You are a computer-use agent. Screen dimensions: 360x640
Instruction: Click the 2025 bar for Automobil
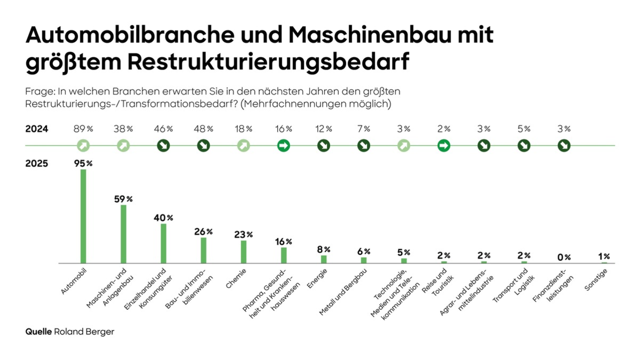pyautogui.click(x=83, y=216)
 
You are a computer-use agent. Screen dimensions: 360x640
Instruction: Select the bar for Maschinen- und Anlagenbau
pyautogui.click(x=123, y=234)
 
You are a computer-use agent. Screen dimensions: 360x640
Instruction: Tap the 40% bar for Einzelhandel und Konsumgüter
pyautogui.click(x=163, y=243)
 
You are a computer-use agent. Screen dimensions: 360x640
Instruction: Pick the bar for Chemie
pyautogui.click(x=244, y=251)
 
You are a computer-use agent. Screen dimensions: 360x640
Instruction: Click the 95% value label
pyautogui.click(x=83, y=164)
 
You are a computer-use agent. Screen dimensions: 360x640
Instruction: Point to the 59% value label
pyautogui.click(x=123, y=199)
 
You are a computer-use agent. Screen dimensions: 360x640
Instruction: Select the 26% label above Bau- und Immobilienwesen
pyautogui.click(x=203, y=231)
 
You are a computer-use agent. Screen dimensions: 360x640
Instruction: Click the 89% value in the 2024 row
pyautogui.click(x=83, y=129)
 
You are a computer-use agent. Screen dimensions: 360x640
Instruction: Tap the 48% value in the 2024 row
pyautogui.click(x=203, y=129)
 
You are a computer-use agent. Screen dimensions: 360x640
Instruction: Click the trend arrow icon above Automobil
pyautogui.click(x=83, y=145)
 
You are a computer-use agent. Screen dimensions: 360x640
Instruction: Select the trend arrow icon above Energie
pyautogui.click(x=324, y=145)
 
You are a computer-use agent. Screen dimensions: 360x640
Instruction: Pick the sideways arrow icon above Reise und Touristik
pyautogui.click(x=444, y=145)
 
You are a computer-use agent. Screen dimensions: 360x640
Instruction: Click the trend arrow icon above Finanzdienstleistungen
pyautogui.click(x=564, y=145)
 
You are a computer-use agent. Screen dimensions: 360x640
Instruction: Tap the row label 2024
pyautogui.click(x=37, y=129)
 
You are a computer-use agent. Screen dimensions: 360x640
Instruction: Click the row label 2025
pyautogui.click(x=37, y=163)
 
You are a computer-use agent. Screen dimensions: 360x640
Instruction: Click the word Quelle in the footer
pyautogui.click(x=38, y=331)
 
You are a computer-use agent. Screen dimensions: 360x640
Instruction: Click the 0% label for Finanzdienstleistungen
pyautogui.click(x=564, y=257)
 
